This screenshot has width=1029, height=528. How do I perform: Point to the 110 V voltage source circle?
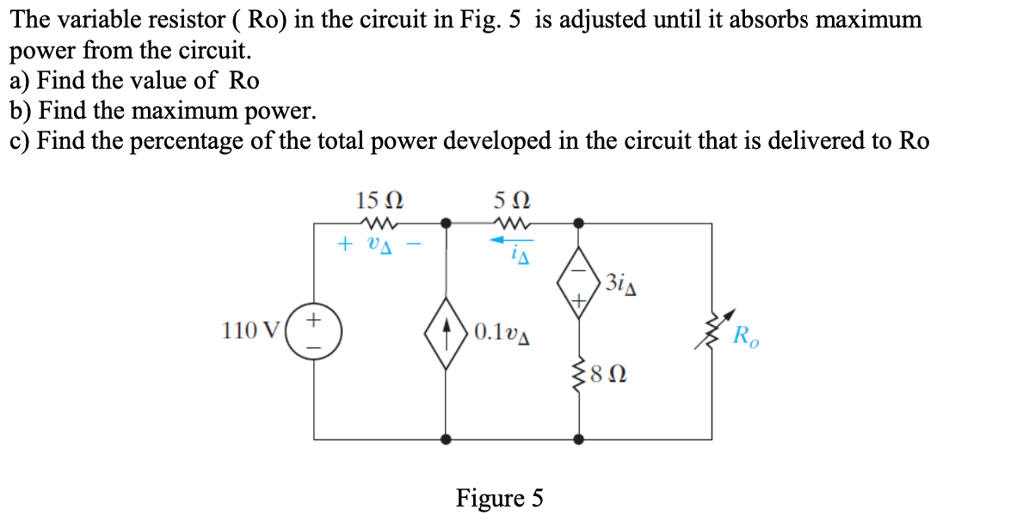[314, 330]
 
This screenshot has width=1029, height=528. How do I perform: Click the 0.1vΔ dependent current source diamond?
[446, 331]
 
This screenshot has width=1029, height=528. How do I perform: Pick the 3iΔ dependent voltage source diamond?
[579, 282]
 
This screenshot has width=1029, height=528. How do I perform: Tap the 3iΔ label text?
[620, 281]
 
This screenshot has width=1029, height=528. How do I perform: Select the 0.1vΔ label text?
[501, 331]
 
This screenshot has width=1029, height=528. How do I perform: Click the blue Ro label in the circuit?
[745, 335]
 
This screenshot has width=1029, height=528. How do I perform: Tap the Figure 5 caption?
[500, 498]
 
